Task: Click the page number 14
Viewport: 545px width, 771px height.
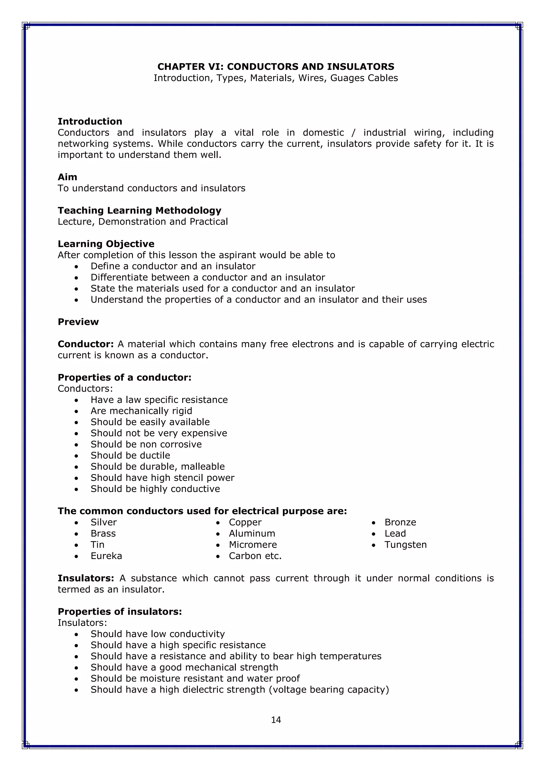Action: pos(276,720)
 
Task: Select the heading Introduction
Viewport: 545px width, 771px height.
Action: pos(90,121)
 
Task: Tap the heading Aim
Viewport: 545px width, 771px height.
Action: pos(67,177)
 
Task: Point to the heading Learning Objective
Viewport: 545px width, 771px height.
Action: pos(106,244)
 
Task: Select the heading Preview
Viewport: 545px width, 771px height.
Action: pos(78,322)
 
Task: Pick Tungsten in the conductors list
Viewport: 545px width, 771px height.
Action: pos(405,544)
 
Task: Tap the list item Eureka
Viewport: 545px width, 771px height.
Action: pos(106,556)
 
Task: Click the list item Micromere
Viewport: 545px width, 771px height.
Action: pos(253,544)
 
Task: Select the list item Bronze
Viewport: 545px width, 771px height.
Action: pos(400,522)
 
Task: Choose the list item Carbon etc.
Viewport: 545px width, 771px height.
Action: pos(255,556)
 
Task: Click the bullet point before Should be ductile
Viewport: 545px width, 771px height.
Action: pos(77,456)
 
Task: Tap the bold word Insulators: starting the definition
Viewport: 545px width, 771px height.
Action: pos(86,578)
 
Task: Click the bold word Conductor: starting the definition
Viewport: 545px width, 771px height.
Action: pos(86,344)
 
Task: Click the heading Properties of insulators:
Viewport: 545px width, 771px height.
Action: pos(120,611)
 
